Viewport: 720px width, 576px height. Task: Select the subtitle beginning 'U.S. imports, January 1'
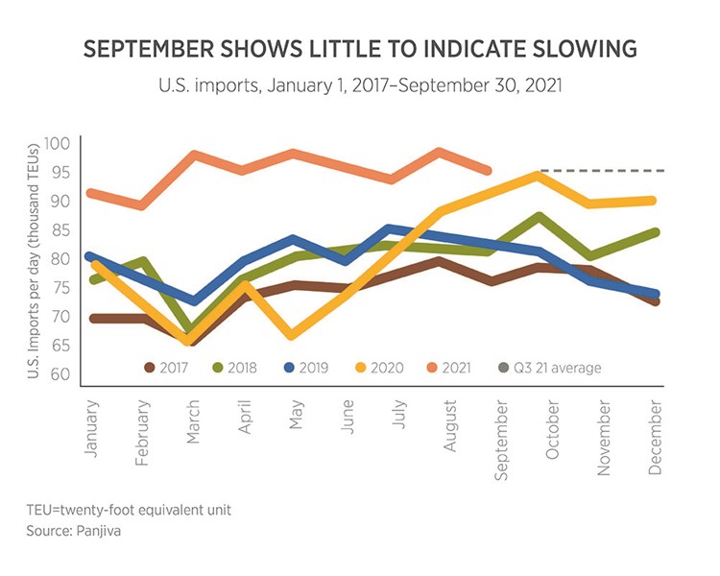point(359,85)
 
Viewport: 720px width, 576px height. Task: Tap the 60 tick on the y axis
point(61,373)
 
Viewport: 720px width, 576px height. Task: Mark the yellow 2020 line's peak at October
point(540,176)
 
